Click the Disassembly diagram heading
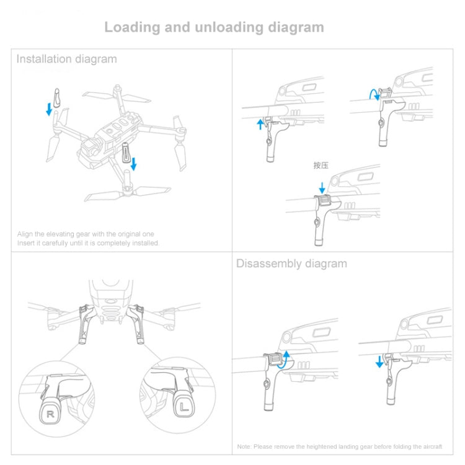click(291, 263)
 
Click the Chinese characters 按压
click(321, 166)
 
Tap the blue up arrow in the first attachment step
click(260, 124)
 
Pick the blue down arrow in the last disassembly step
click(379, 360)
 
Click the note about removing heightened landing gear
click(340, 446)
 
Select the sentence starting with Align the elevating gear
click(86, 234)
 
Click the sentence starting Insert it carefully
click(88, 243)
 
